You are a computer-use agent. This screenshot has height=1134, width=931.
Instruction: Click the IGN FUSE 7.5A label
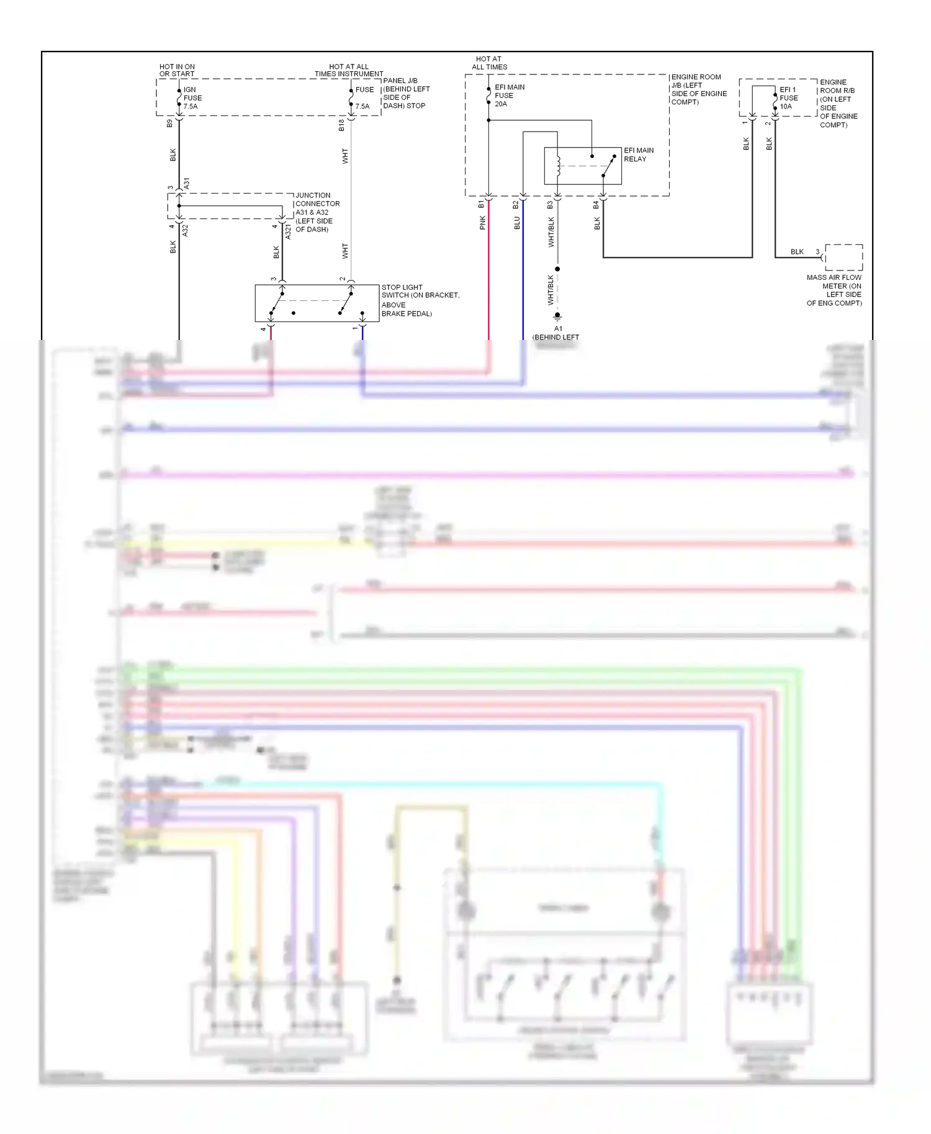tap(192, 98)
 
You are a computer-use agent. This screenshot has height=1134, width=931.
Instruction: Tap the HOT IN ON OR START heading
tap(177, 70)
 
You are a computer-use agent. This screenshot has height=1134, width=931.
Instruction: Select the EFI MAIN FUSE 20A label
tap(509, 96)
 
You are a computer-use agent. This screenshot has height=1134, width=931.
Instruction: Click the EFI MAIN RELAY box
tap(582, 166)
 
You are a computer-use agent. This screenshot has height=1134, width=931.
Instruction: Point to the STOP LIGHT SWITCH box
tap(317, 303)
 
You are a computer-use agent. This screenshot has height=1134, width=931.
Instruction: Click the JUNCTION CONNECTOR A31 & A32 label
tap(317, 212)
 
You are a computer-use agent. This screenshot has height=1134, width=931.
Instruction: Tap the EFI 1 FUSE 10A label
tap(788, 98)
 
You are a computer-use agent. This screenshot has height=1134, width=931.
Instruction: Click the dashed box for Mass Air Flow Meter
tap(843, 257)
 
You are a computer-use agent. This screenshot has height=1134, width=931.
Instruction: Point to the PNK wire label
tap(482, 223)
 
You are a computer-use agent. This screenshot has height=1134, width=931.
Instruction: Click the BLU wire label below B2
tap(517, 223)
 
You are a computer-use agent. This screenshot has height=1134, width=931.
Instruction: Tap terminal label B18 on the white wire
tap(341, 125)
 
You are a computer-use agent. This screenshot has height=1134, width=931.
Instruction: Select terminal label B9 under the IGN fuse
tap(169, 123)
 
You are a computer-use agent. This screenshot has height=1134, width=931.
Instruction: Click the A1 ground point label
tap(558, 329)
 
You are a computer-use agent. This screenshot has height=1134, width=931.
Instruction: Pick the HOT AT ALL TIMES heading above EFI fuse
tap(489, 63)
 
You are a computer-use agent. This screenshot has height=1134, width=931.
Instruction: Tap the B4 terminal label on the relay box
tap(596, 204)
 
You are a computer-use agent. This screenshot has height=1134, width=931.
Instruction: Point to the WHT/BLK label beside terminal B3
tap(551, 232)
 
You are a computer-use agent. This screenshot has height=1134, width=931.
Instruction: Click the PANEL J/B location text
tap(406, 93)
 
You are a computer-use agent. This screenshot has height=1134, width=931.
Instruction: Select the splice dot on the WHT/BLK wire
tap(557, 269)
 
